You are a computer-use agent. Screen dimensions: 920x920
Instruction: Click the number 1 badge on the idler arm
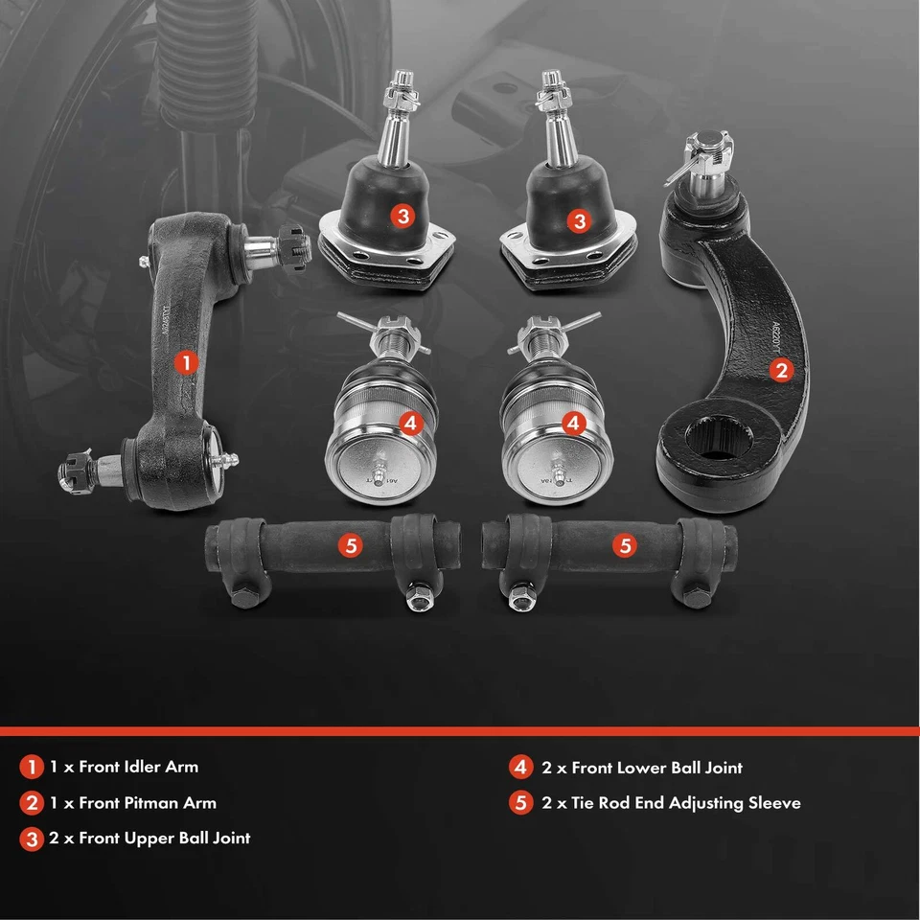coord(186,362)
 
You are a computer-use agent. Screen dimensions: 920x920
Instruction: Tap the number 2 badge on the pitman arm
coord(782,370)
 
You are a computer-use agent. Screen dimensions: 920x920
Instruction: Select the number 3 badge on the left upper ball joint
coord(403,217)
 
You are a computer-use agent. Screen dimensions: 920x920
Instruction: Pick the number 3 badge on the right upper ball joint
coord(579,220)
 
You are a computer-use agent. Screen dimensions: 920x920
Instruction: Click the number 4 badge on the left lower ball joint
coord(410,422)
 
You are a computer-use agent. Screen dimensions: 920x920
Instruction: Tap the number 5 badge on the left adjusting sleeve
coord(351,545)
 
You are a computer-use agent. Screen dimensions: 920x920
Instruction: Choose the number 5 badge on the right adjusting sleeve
coord(625,545)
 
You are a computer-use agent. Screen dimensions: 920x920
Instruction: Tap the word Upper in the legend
coord(150,838)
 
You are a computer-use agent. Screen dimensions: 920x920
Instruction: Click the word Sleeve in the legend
coord(767,802)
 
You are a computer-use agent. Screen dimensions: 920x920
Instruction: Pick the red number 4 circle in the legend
coord(520,767)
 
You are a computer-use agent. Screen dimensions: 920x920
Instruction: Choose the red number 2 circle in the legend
coord(32,802)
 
